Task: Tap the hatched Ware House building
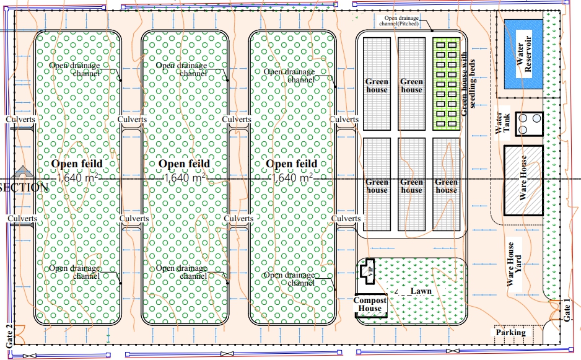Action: pyautogui.click(x=523, y=180)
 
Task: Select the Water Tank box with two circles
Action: pyautogui.click(x=530, y=123)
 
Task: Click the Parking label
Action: pyautogui.click(x=510, y=333)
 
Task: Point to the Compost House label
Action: pyautogui.click(x=370, y=304)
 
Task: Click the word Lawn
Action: pyautogui.click(x=421, y=291)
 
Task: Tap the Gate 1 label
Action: pyautogui.click(x=567, y=309)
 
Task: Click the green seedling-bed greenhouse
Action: pyautogui.click(x=448, y=84)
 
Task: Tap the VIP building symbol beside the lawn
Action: pyautogui.click(x=368, y=271)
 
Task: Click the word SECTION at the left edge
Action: pyautogui.click(x=24, y=187)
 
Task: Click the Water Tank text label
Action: pyautogui.click(x=500, y=123)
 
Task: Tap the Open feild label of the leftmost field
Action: pyautogui.click(x=77, y=164)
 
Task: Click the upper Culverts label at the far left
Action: pyautogui.click(x=20, y=119)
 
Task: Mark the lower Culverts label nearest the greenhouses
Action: pyautogui.click(x=346, y=219)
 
